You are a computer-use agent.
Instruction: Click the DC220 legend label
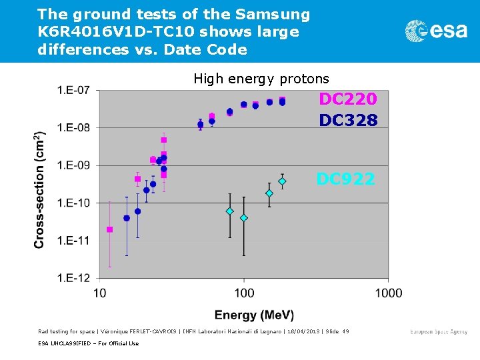click(x=347, y=99)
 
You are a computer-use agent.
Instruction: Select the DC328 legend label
click(x=347, y=120)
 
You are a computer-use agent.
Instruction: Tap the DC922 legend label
click(x=345, y=179)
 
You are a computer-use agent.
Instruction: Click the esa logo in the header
click(x=436, y=31)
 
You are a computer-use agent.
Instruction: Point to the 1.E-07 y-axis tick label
click(x=75, y=90)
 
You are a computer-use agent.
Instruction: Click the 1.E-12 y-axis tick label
click(x=75, y=278)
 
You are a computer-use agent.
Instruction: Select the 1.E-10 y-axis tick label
click(x=75, y=203)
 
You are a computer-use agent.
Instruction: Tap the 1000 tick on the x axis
click(x=388, y=293)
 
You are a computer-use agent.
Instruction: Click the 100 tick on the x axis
click(x=244, y=293)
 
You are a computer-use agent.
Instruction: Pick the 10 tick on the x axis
click(x=99, y=293)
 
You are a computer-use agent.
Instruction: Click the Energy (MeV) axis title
click(x=254, y=315)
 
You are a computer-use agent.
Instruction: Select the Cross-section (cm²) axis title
click(x=39, y=190)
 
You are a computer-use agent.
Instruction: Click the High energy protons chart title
click(x=261, y=79)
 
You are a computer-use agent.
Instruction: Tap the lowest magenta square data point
click(x=110, y=229)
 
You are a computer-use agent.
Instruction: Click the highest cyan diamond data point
click(x=282, y=181)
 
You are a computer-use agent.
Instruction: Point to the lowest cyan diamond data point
click(x=244, y=218)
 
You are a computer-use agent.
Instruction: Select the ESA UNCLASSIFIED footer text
click(x=89, y=343)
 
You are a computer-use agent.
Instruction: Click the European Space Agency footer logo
click(x=438, y=331)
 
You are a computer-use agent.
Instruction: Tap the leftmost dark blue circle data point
click(x=127, y=218)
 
